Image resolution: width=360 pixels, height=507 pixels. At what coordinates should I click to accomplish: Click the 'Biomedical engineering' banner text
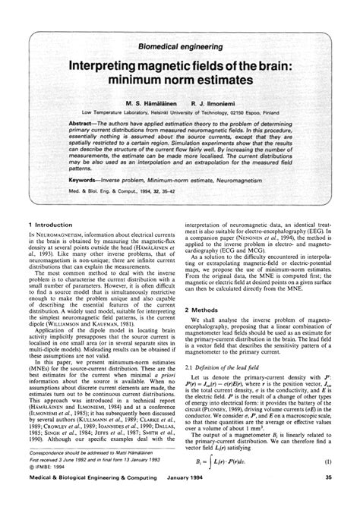180,46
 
